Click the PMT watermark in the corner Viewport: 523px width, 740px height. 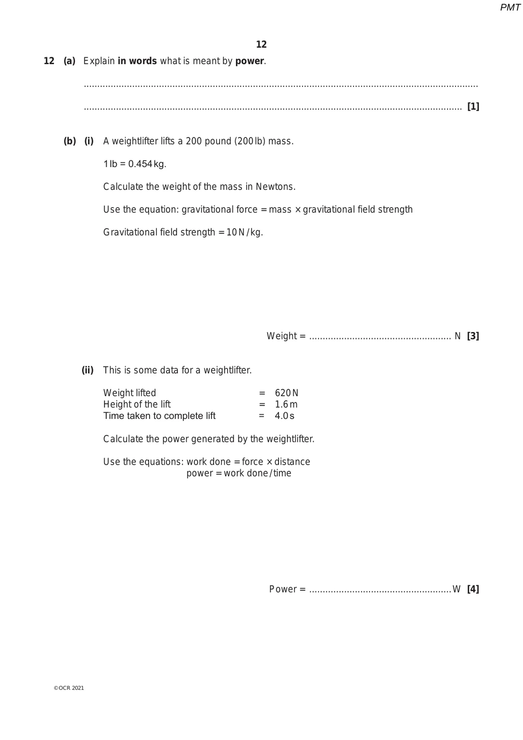[510, 7]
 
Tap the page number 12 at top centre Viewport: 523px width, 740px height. [261, 45]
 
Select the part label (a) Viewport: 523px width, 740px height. [69, 61]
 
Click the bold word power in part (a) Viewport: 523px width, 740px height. [250, 61]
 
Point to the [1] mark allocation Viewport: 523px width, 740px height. [473, 106]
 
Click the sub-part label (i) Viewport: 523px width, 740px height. [89, 141]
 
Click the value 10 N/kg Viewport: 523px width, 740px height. [245, 232]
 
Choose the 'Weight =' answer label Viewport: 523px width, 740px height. [286, 336]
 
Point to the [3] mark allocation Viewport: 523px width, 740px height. [473, 336]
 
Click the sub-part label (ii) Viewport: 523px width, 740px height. [88, 370]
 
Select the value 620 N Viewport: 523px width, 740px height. [286, 393]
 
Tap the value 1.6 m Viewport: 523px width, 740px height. [286, 404]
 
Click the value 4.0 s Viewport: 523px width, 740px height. [284, 416]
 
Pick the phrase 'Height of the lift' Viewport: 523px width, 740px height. [137, 404]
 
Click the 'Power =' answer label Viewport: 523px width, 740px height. [287, 589]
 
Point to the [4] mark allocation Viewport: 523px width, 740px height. [473, 589]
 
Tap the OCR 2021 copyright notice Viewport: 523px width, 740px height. [69, 688]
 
